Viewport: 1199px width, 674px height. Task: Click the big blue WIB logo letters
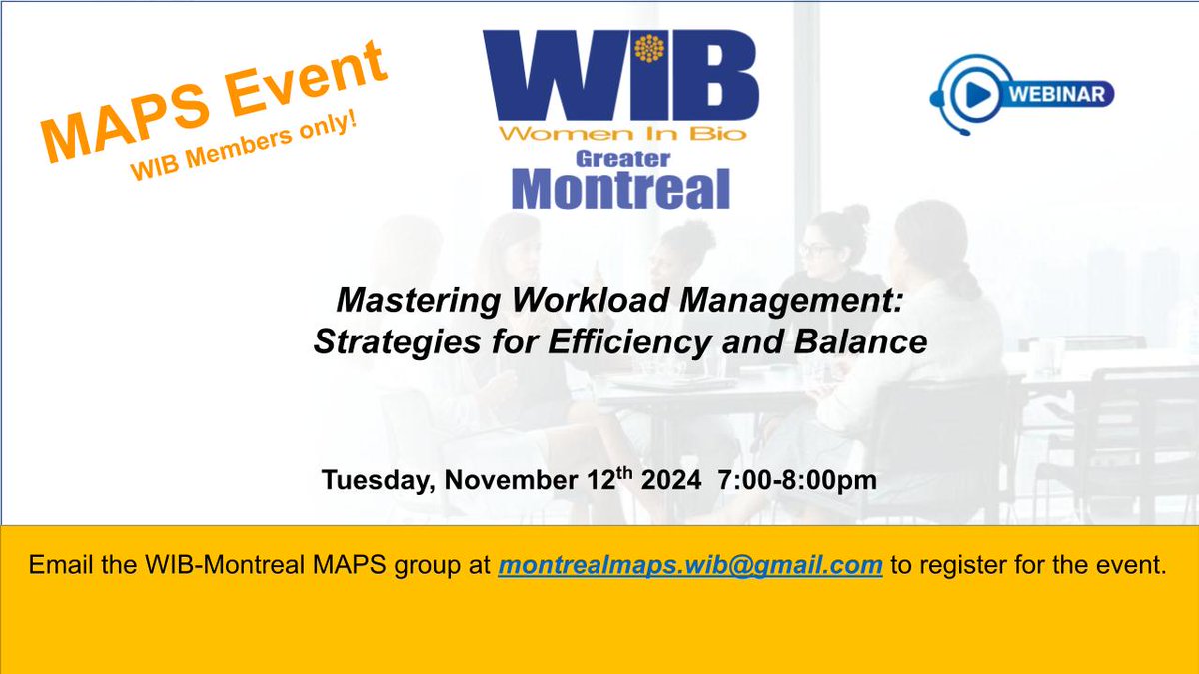[619, 75]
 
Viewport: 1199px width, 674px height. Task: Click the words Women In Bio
[620, 134]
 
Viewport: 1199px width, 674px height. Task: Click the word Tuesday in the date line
[378, 480]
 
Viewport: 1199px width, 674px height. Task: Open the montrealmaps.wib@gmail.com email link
[689, 566]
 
